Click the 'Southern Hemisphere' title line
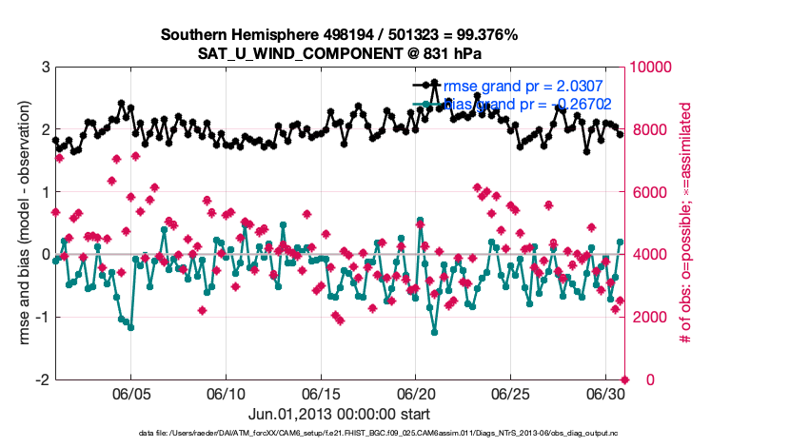[x=339, y=35]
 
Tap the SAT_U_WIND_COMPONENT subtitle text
[x=339, y=52]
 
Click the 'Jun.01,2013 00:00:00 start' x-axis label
[x=339, y=414]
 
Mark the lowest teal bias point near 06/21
[x=435, y=332]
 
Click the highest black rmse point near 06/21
[x=435, y=83]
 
